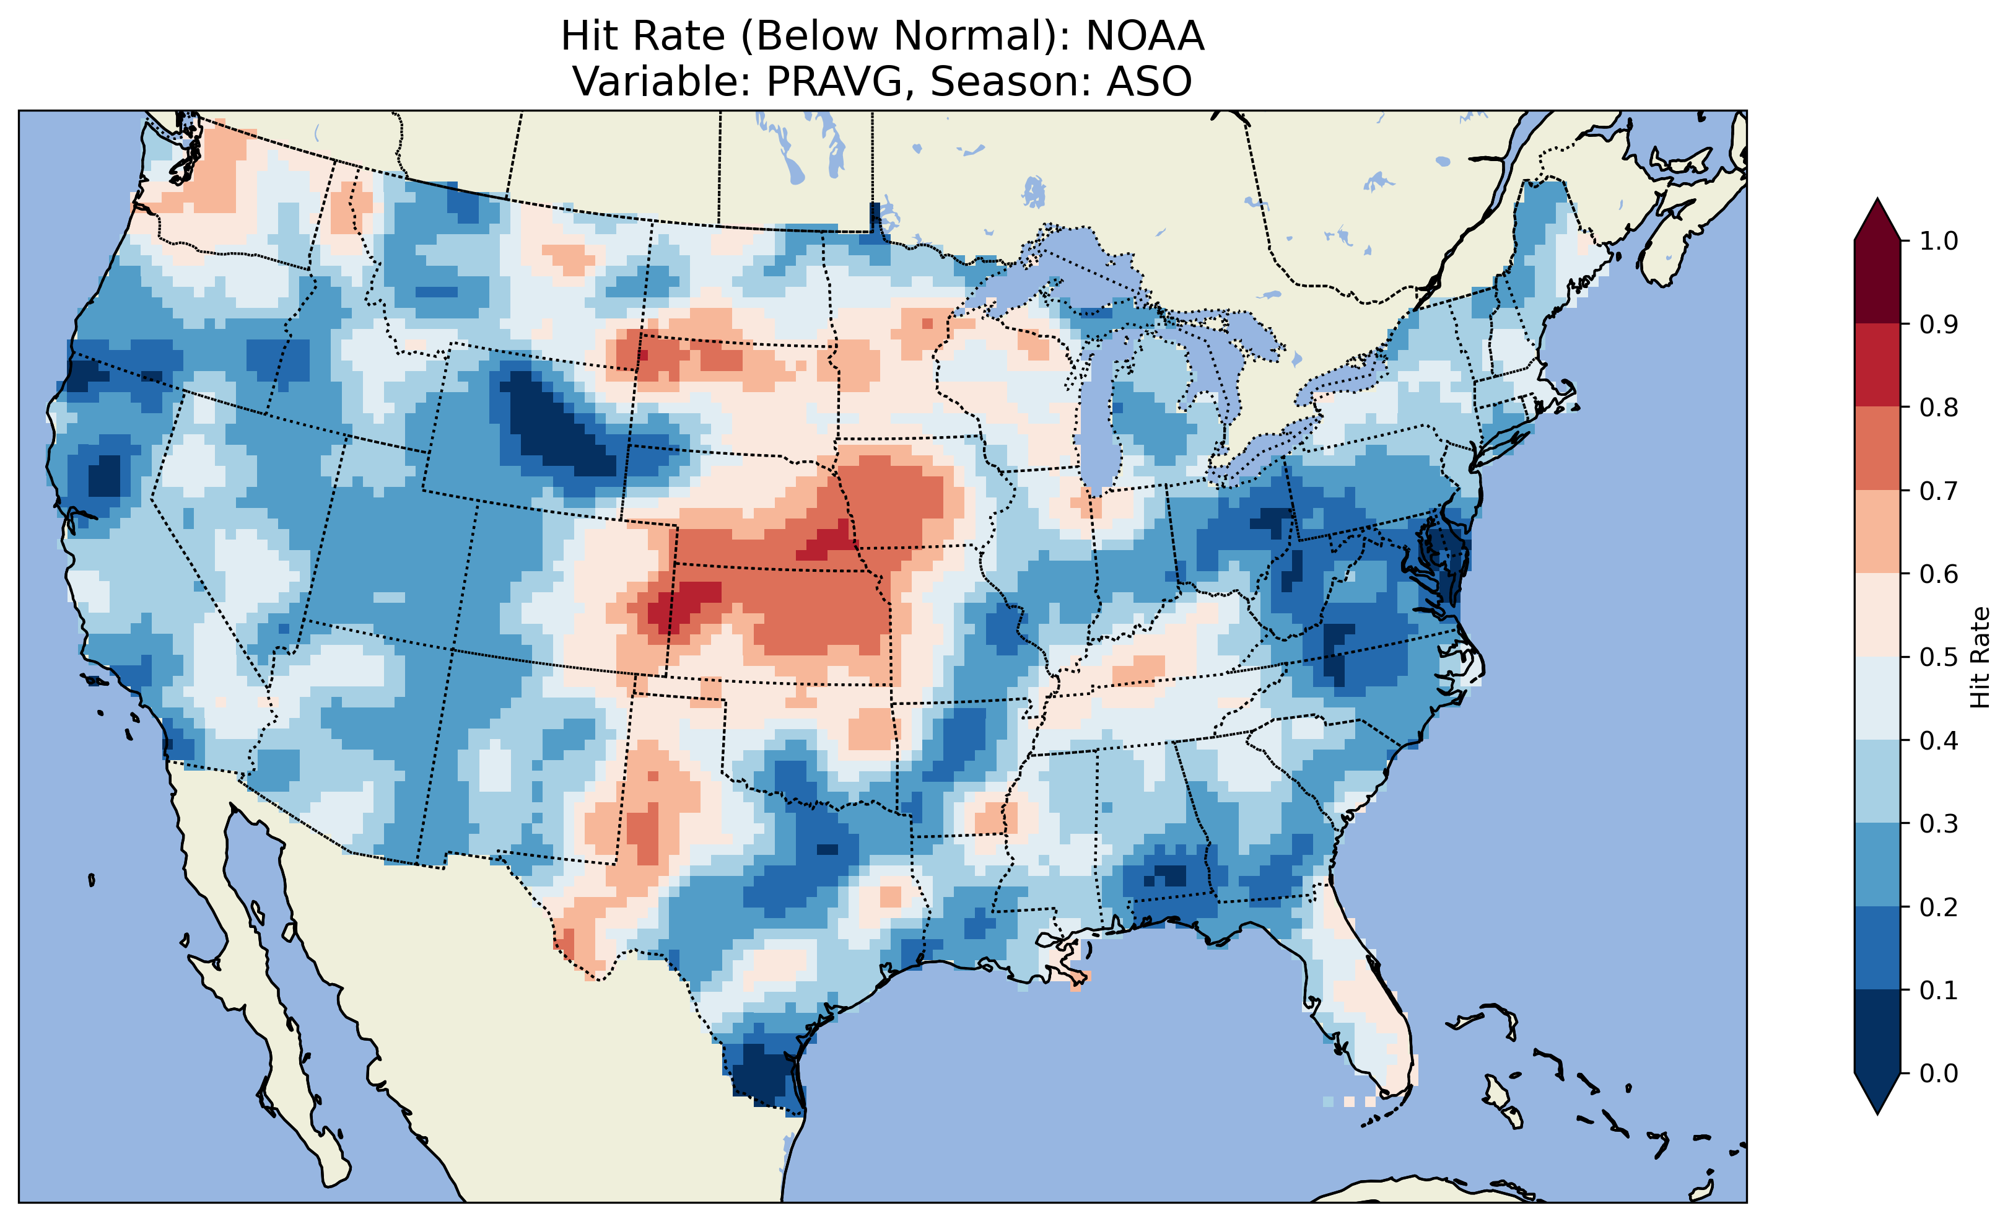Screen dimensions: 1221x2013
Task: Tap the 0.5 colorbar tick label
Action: point(1938,657)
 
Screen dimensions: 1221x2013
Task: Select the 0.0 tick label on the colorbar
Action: point(1938,1073)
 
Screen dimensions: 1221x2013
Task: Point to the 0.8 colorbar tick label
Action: point(1938,407)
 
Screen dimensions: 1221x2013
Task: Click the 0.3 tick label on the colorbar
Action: point(1938,824)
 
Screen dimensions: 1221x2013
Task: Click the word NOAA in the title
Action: point(1145,36)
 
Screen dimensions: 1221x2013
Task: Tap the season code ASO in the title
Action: point(1149,82)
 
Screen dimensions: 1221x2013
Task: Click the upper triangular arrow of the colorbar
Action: point(1877,219)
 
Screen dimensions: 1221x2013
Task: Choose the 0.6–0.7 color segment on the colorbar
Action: point(1877,532)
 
